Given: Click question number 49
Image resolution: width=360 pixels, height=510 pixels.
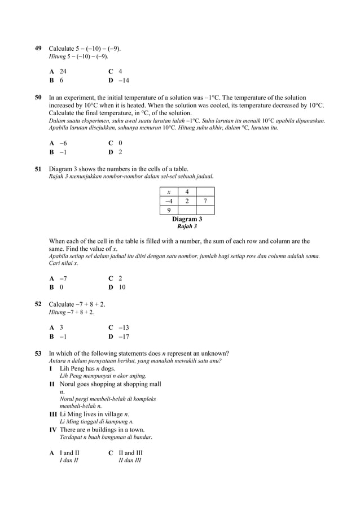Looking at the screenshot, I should click(38, 49).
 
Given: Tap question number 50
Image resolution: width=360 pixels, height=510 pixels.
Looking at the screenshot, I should click(38, 98).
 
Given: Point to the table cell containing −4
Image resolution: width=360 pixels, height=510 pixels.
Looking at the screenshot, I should click(169, 201).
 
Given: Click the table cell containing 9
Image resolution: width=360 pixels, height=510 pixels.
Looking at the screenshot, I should click(169, 211).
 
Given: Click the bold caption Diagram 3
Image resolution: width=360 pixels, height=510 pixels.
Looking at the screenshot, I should click(187, 219).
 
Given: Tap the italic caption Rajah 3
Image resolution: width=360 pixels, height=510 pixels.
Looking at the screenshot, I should click(187, 226).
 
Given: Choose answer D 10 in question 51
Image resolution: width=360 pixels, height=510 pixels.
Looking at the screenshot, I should click(117, 287).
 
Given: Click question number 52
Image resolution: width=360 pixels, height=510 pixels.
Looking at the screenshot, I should click(38, 304).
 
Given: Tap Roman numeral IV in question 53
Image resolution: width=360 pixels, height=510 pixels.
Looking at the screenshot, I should click(54, 430).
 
